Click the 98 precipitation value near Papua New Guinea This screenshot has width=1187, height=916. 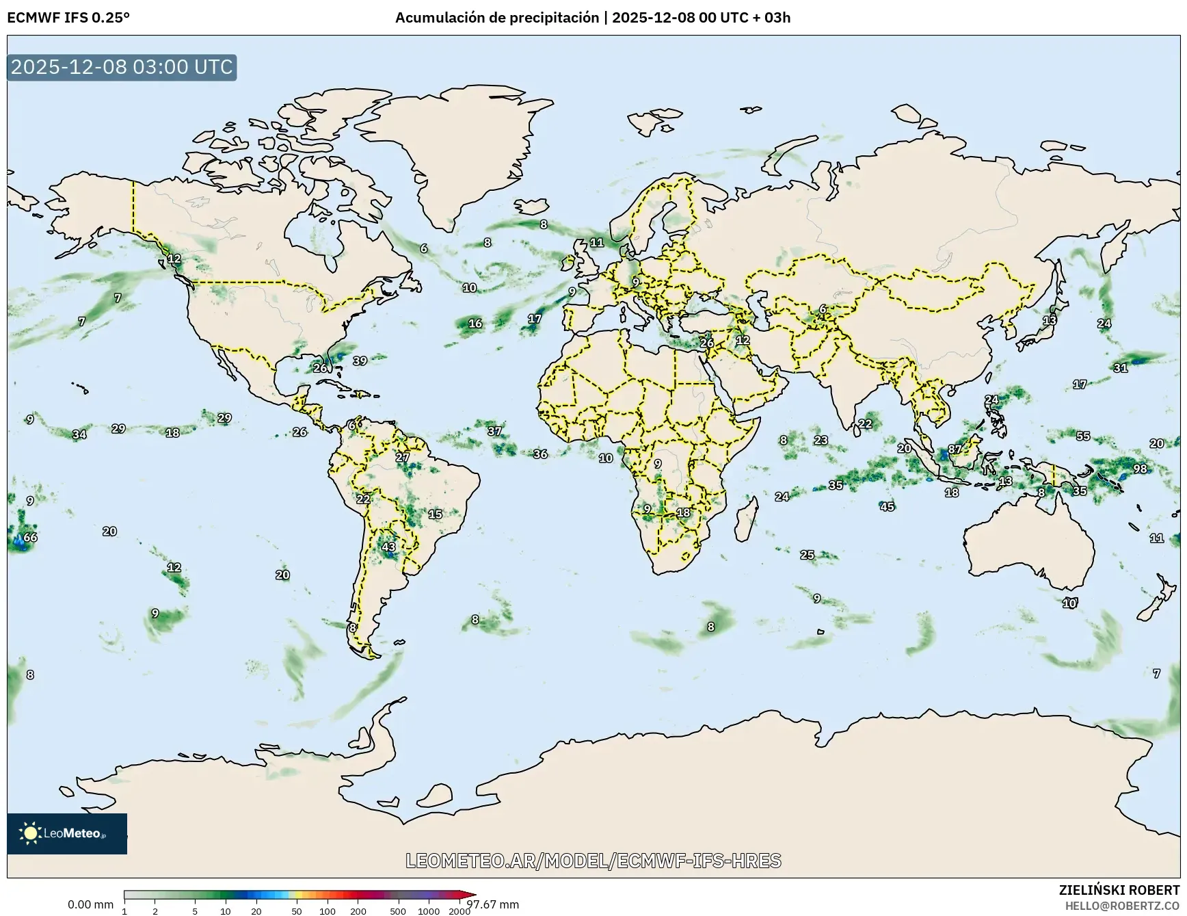1140,469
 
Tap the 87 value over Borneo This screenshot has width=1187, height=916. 955,449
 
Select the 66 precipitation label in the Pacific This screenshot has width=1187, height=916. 30,537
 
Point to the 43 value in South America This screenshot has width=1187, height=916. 388,547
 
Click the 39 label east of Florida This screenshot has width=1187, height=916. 360,361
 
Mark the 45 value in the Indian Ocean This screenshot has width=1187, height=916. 887,507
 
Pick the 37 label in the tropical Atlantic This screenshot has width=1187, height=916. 494,431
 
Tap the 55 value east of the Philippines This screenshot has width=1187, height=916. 1083,436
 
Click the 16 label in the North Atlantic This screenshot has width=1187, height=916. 475,324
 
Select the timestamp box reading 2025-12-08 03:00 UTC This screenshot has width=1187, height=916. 122,67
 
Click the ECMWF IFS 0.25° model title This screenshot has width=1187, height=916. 68,18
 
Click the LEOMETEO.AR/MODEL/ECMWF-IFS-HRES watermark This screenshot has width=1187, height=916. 593,861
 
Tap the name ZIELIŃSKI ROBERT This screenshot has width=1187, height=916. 1119,890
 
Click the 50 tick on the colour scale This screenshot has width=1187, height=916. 297,911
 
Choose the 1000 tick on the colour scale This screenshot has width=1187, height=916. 429,911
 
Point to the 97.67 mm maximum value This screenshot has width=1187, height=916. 493,904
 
